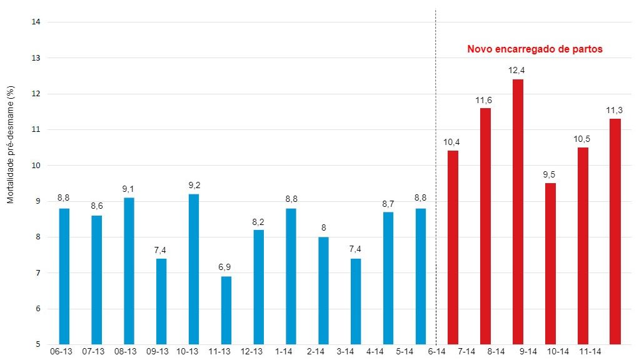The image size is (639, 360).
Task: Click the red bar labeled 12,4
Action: tap(518, 212)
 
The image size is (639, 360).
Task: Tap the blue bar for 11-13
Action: tap(226, 311)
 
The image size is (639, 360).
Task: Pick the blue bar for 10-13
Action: tap(194, 269)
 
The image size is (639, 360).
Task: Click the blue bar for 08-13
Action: tap(129, 271)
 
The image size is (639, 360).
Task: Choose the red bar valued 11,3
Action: tap(615, 232)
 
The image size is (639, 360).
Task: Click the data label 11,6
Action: tap(485, 100)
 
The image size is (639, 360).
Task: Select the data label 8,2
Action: tap(258, 221)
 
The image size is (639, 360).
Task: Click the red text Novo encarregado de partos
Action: tap(535, 49)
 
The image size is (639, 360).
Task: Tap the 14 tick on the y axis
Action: tap(36, 22)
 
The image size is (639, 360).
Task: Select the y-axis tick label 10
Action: tap(36, 166)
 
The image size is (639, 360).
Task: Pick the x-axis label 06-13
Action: tap(61, 352)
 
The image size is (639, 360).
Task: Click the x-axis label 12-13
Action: tap(251, 352)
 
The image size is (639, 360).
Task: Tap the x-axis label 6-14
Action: tap(436, 352)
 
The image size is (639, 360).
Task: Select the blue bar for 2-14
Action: tap(323, 291)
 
